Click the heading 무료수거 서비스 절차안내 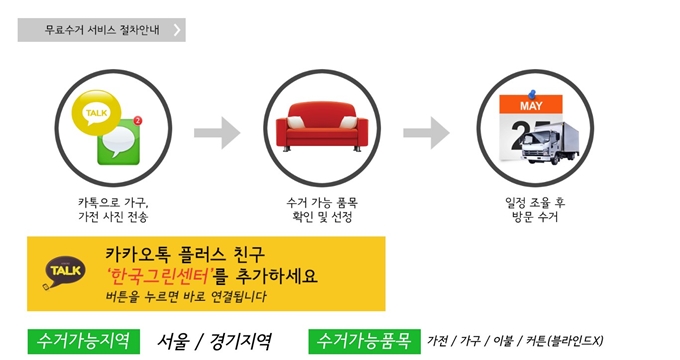96,30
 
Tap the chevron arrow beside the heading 177,30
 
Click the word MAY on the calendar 531,105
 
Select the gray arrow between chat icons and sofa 217,130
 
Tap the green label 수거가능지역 83,340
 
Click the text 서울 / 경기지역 214,340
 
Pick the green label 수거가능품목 363,340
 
